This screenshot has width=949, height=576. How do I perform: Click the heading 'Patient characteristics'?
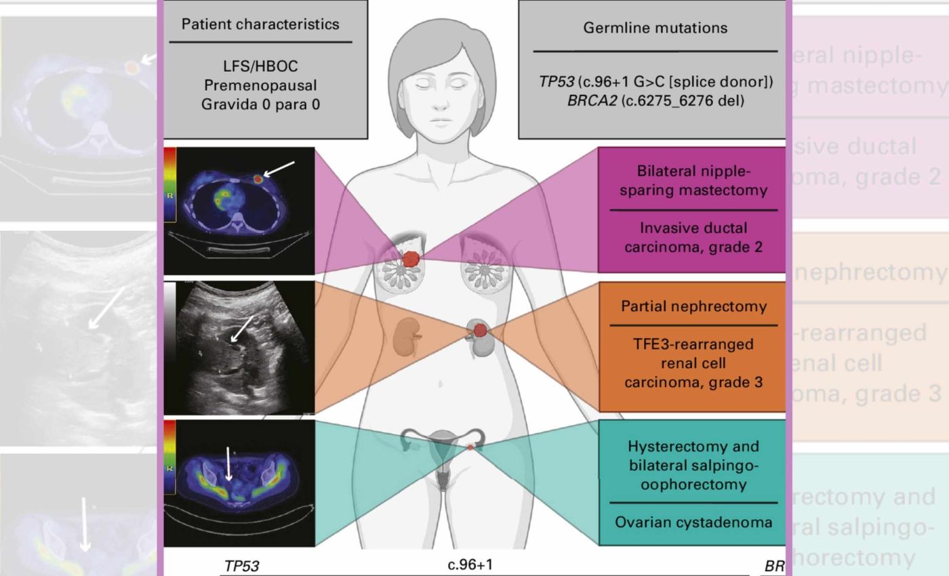click(260, 24)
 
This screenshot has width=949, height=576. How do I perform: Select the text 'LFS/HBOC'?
click(260, 66)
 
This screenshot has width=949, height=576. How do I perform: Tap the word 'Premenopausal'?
click(260, 85)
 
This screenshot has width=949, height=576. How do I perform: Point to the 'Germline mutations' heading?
click(655, 28)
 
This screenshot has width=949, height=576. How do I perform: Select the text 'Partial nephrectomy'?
click(693, 306)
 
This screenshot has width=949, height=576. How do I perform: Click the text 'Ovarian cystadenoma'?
click(693, 522)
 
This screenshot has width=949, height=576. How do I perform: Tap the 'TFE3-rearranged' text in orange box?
click(693, 344)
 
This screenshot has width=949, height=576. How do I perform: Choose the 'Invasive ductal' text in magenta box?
click(693, 228)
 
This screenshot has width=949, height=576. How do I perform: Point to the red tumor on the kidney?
click(481, 331)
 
